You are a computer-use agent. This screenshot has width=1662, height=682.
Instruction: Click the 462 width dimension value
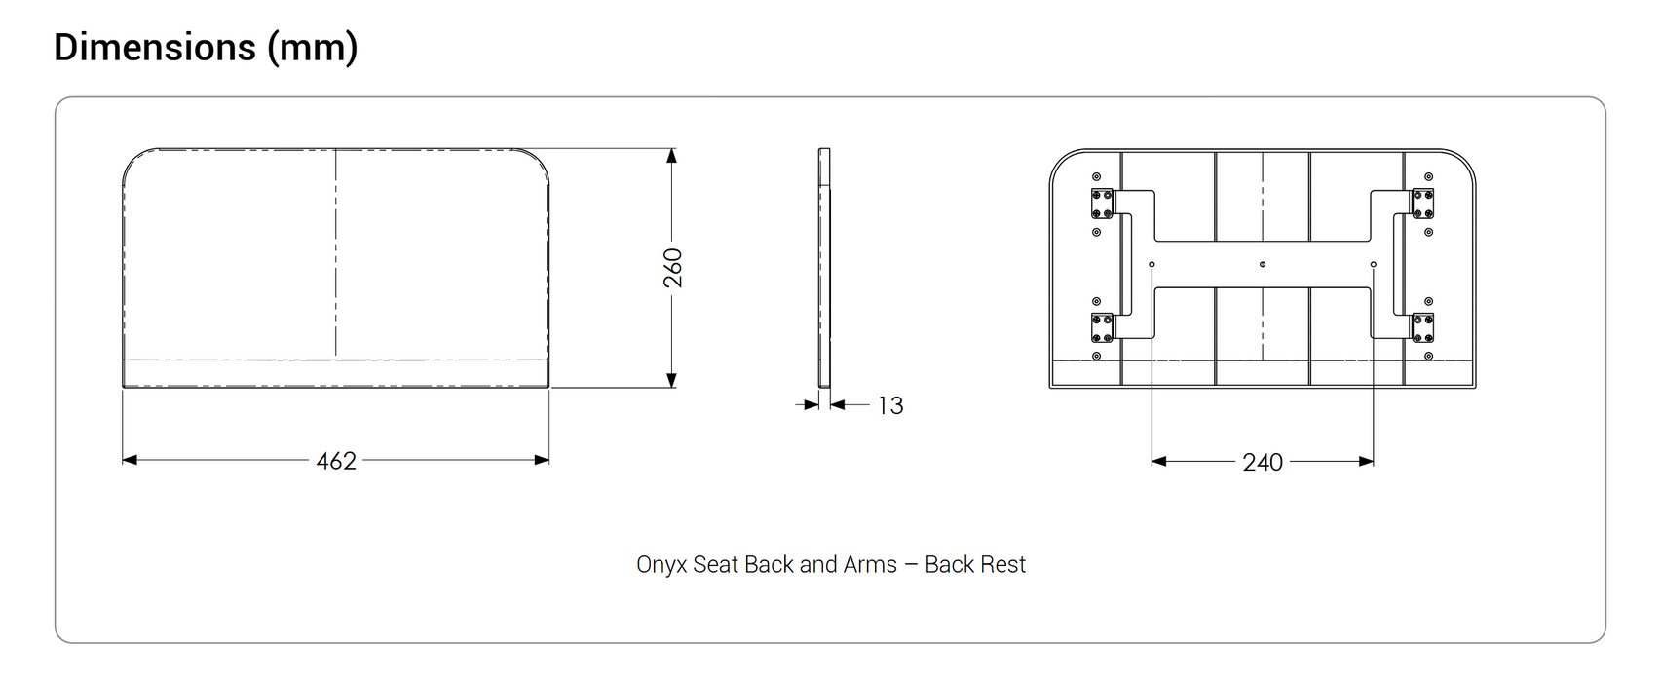(336, 461)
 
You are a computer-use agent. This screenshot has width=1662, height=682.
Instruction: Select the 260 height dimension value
(673, 268)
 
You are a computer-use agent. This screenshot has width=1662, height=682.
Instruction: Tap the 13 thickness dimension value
(890, 405)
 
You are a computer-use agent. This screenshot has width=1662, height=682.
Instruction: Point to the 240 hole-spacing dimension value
(1263, 463)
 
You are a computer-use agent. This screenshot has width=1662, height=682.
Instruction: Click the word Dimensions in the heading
(155, 47)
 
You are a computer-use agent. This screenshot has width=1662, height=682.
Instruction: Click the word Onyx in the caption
(661, 565)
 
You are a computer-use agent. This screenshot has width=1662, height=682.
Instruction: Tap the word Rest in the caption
(1004, 565)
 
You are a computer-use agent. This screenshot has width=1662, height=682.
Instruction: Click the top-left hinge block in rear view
(1102, 204)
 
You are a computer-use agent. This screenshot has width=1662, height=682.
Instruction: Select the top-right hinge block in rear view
(1422, 204)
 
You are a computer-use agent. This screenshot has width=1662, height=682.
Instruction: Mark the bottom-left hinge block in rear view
(1102, 328)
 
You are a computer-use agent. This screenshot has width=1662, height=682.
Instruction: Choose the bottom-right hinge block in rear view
(1422, 328)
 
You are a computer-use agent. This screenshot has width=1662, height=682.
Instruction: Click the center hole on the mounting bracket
(1263, 264)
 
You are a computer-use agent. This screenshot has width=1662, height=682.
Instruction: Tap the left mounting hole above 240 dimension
(1152, 264)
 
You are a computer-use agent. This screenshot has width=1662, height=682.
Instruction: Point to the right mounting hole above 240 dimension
(1374, 264)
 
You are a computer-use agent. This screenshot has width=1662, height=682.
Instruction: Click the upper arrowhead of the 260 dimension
(671, 156)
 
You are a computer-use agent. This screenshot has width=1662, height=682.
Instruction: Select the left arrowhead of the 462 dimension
(130, 460)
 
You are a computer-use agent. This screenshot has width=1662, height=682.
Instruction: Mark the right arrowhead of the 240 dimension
(1366, 461)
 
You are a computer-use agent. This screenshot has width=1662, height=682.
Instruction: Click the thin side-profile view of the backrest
(824, 268)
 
